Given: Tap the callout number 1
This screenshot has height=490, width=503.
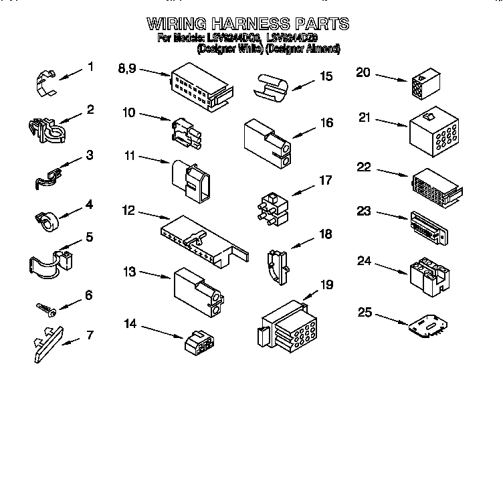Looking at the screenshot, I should [90, 67].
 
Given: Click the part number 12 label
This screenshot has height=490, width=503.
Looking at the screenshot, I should [128, 211].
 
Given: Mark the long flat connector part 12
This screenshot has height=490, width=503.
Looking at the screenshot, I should [204, 238].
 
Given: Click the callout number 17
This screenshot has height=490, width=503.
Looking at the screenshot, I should [325, 180].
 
